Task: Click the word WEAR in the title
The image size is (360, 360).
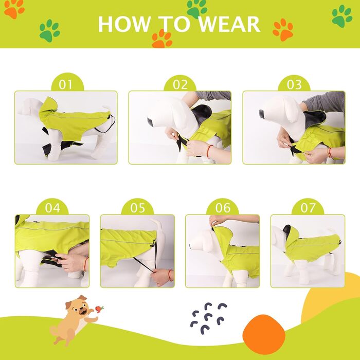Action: (229, 24)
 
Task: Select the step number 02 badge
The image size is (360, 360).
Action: (180, 84)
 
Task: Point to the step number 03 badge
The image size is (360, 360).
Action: (294, 84)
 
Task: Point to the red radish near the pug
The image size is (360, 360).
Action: (99, 309)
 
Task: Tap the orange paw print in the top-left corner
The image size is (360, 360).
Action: (14, 9)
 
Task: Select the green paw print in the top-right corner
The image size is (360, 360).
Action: (342, 16)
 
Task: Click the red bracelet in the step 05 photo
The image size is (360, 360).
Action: (170, 276)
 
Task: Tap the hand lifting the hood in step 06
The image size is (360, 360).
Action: (218, 220)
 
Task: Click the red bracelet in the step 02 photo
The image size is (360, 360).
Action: (209, 151)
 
